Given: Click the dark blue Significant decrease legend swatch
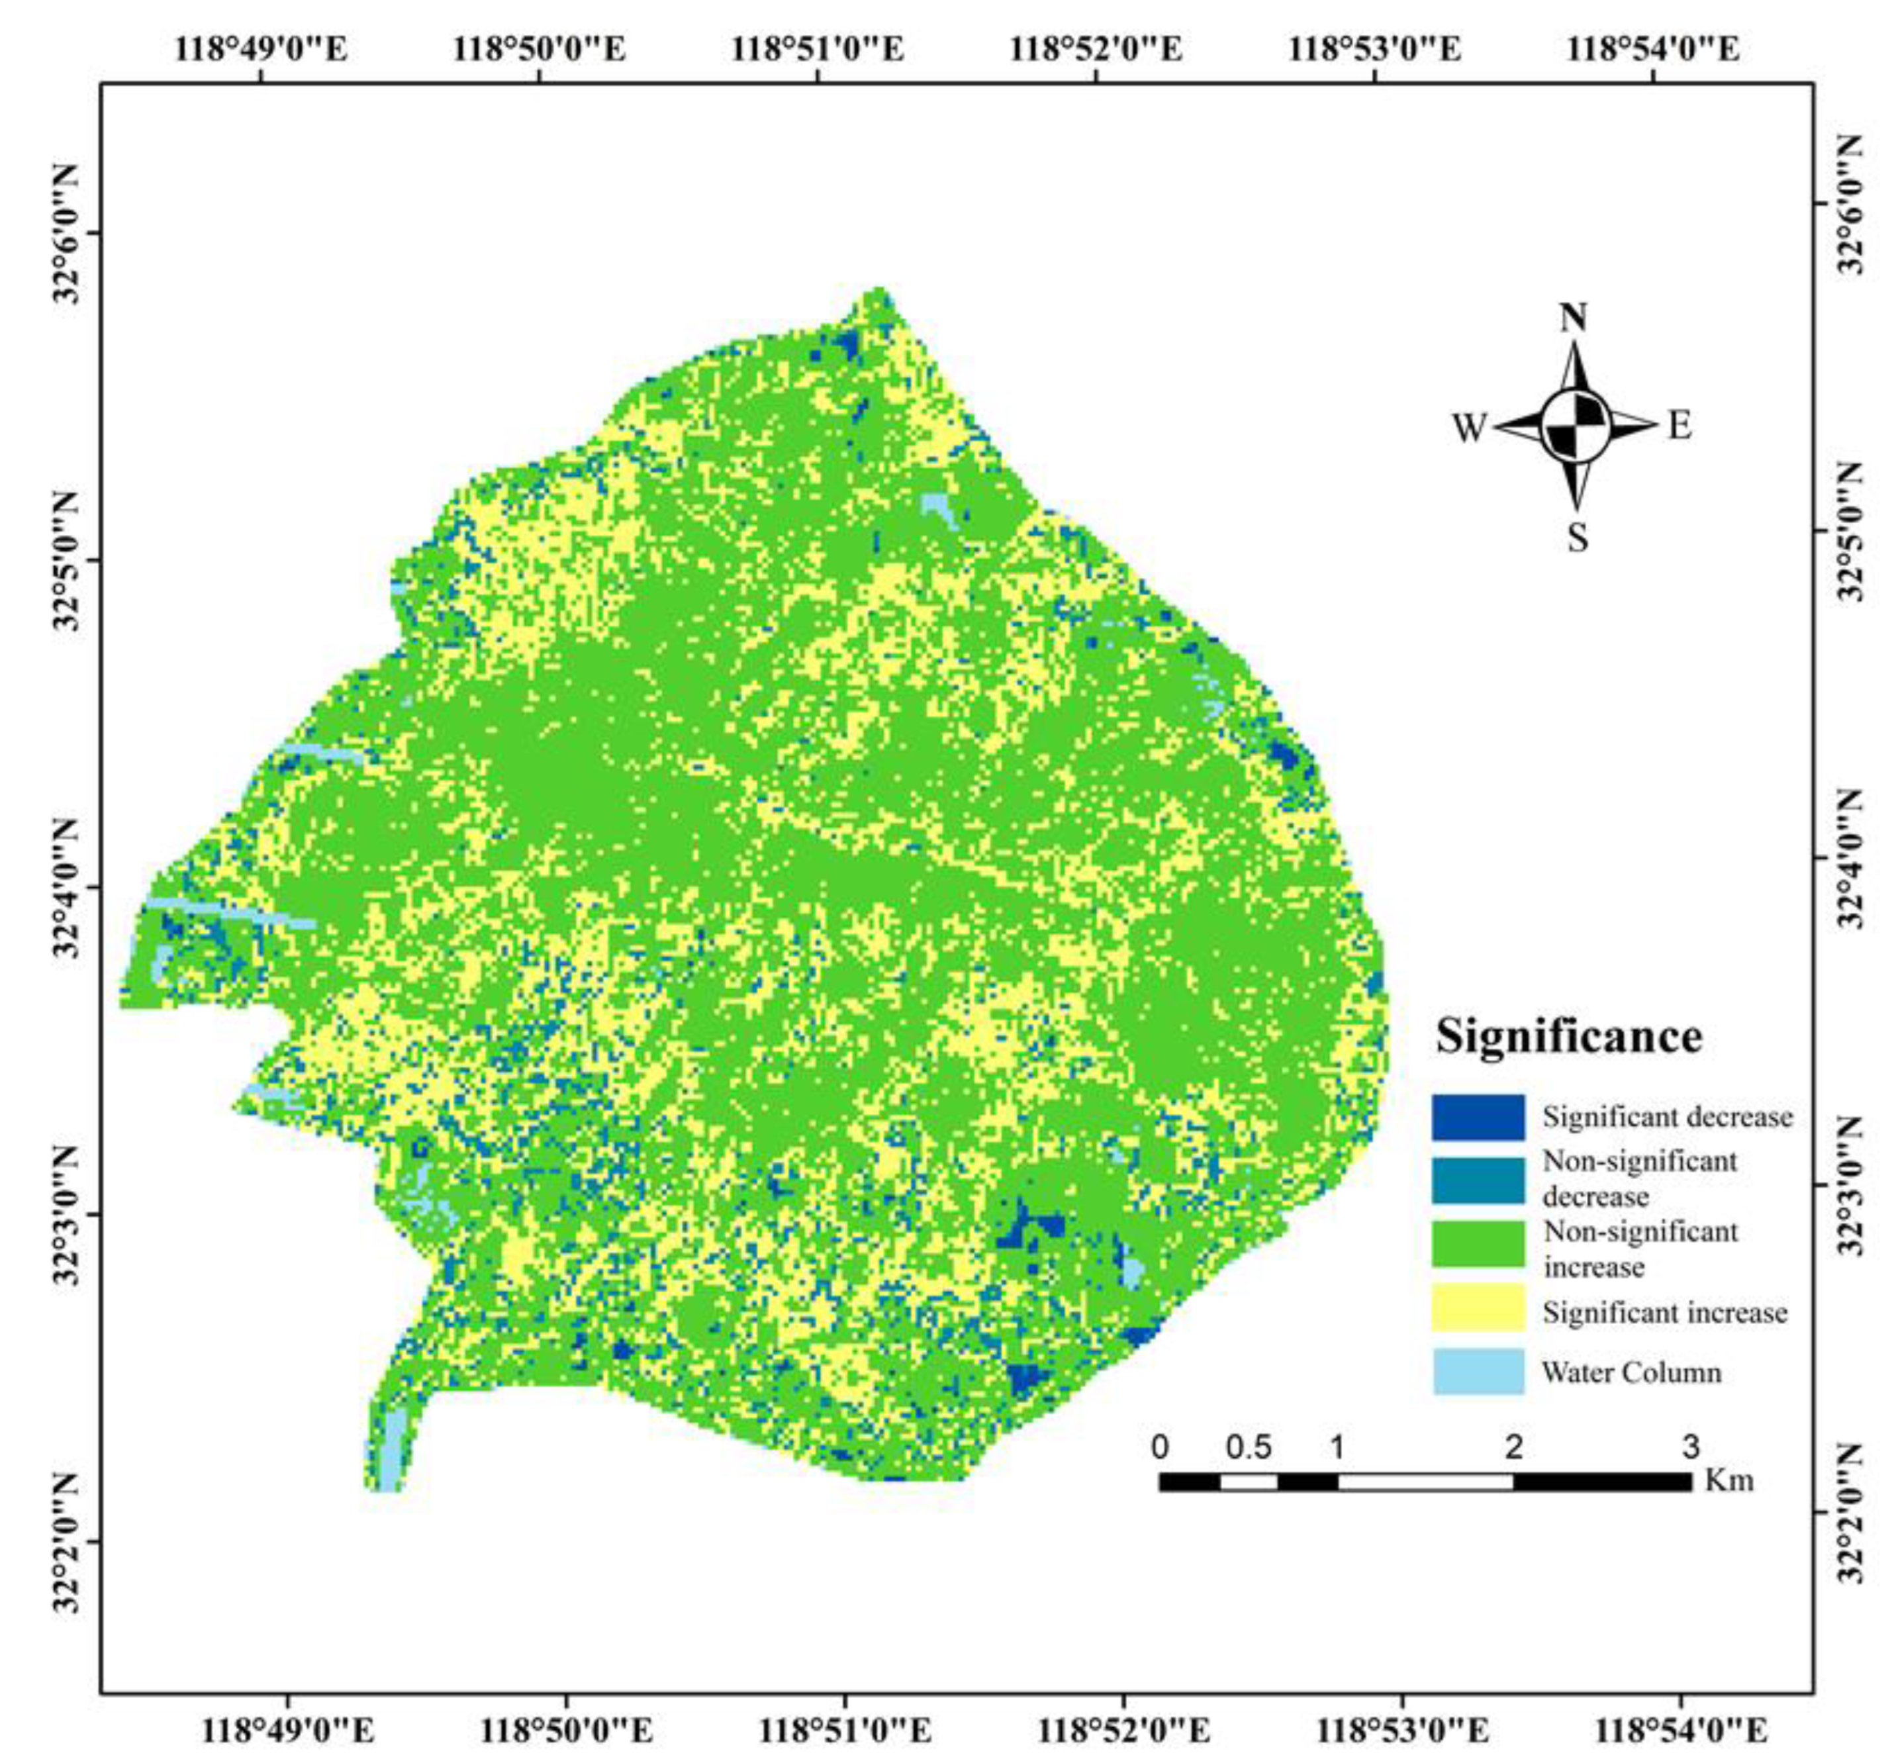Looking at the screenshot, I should (1478, 1116).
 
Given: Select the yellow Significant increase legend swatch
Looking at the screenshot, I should (1478, 1307).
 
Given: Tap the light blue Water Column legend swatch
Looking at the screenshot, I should (1478, 1372).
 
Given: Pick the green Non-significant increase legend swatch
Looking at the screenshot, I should (1478, 1244).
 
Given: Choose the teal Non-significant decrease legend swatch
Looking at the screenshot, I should (1478, 1180).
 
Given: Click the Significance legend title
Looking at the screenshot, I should (1569, 1036).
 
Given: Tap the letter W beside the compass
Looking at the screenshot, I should (1470, 428).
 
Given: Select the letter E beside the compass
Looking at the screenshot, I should (1680, 426).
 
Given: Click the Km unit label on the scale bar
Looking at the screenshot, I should (1729, 1480).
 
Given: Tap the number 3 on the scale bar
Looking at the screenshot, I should (1690, 1447).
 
